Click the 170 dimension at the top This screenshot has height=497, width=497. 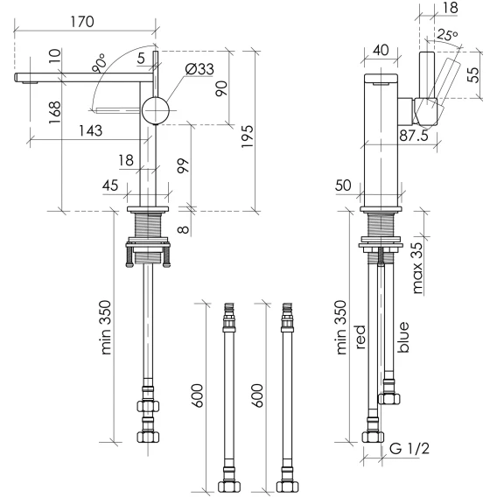[x=82, y=22]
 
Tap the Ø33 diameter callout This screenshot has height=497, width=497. [x=199, y=69]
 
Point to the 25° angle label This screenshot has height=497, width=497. [x=447, y=34]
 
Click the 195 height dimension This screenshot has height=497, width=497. [x=248, y=136]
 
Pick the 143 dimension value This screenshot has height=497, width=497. [x=90, y=130]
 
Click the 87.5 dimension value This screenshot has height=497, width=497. [x=414, y=136]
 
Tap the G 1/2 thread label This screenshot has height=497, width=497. [x=409, y=449]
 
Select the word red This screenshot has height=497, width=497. [x=360, y=337]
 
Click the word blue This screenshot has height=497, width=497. [x=402, y=337]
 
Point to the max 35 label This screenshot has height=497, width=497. [x=417, y=268]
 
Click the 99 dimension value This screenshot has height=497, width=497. [x=183, y=165]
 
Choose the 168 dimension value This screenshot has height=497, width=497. [x=54, y=112]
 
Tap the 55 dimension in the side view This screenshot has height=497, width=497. [x=473, y=75]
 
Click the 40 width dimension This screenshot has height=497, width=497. [x=381, y=50]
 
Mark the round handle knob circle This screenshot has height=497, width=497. [x=156, y=110]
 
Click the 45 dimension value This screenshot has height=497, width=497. [x=110, y=185]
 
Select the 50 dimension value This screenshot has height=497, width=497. [x=343, y=185]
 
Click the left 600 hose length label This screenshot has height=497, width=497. [x=197, y=395]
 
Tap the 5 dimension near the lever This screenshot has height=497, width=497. [x=141, y=59]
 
